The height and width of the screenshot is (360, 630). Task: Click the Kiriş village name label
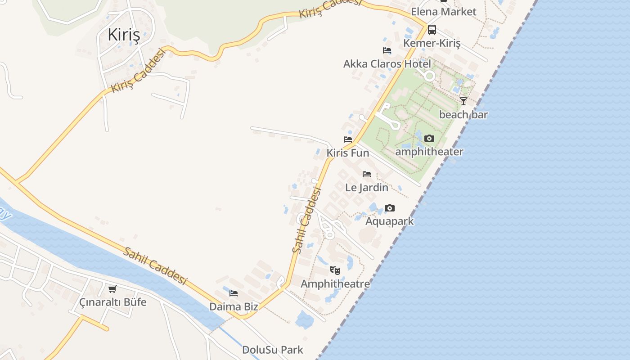click(x=124, y=35)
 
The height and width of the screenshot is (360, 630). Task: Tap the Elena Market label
click(x=443, y=12)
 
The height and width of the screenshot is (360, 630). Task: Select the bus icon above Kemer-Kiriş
click(x=432, y=30)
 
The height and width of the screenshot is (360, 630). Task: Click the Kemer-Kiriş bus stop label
click(x=432, y=43)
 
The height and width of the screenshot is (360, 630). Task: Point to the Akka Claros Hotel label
click(x=387, y=63)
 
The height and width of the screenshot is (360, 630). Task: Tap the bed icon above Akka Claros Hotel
click(x=387, y=50)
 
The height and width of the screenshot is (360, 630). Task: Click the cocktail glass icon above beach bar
click(x=463, y=101)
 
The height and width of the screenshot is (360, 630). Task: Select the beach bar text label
click(x=463, y=115)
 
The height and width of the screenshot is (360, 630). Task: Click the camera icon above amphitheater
click(x=429, y=139)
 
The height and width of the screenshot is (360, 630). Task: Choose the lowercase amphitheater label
click(x=429, y=152)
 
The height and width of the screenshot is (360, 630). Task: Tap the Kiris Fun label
click(x=348, y=153)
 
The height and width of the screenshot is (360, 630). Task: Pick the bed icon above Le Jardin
click(x=367, y=174)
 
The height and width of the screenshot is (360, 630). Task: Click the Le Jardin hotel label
click(x=367, y=187)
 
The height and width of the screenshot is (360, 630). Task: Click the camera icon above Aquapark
click(x=390, y=208)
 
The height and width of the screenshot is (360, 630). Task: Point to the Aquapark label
click(x=390, y=221)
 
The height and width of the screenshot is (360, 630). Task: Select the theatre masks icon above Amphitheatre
click(x=335, y=270)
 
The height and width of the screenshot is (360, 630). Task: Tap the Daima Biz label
click(x=234, y=307)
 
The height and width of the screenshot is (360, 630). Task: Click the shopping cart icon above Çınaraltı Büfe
click(x=112, y=289)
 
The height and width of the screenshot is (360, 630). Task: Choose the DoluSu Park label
click(x=273, y=350)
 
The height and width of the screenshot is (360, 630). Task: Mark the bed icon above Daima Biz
click(x=234, y=293)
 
